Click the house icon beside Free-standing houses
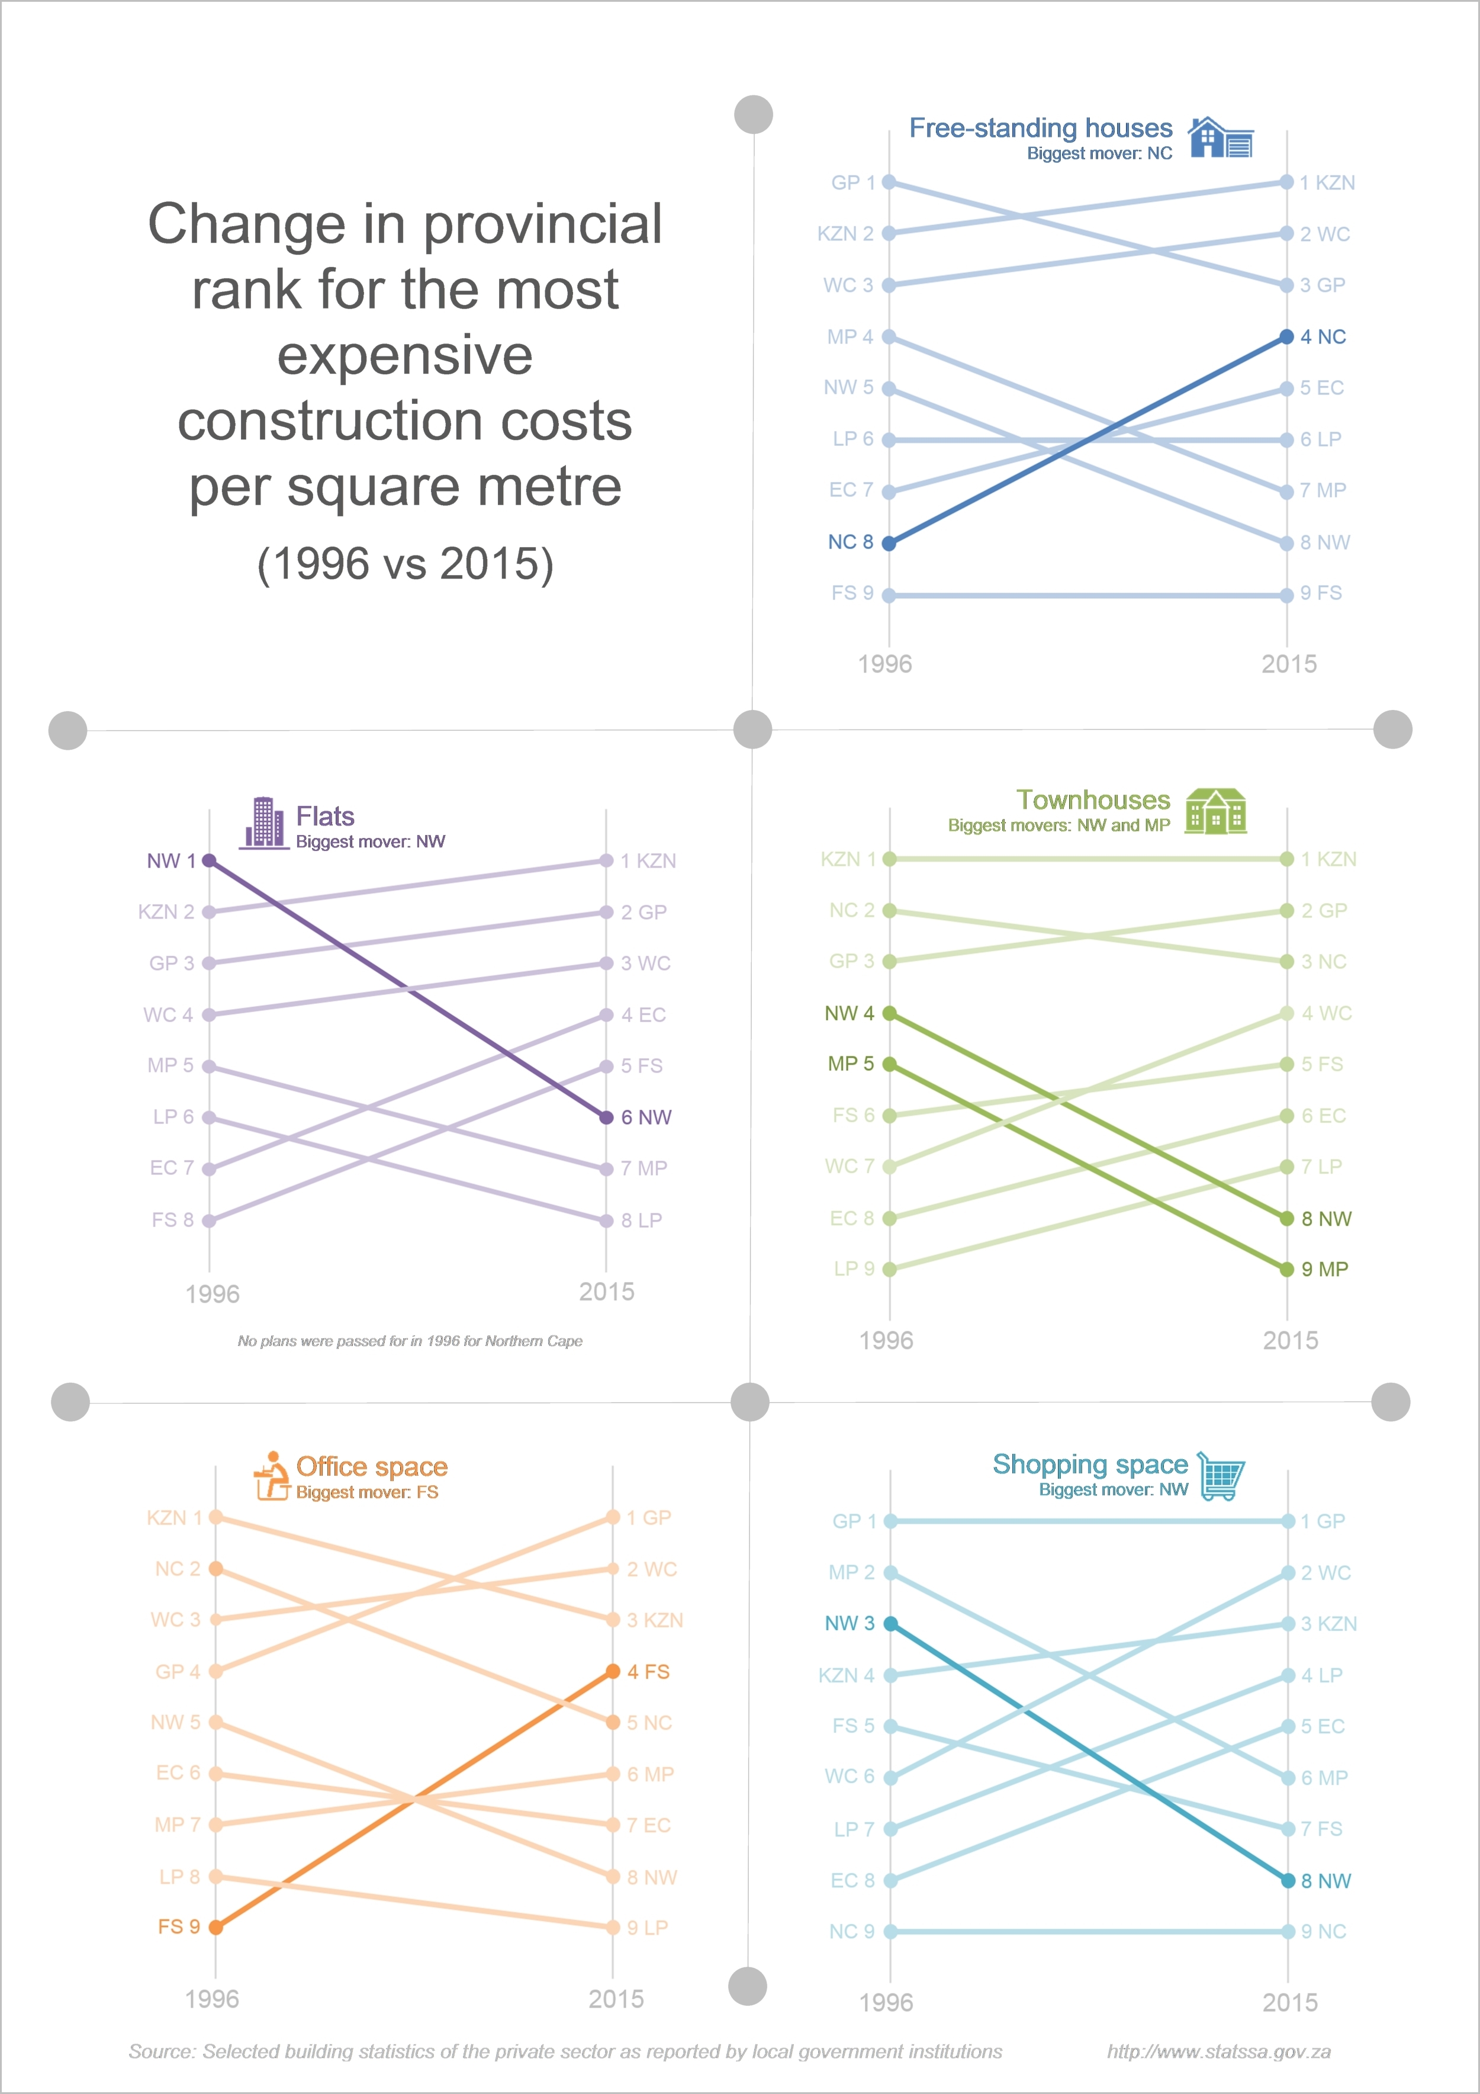coord(1220,138)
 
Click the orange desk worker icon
coord(271,1475)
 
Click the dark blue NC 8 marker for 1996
coord(889,544)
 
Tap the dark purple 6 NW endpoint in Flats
coord(606,1117)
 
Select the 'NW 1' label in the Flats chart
coord(170,861)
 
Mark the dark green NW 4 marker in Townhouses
coord(889,1013)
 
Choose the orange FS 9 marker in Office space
coord(216,1927)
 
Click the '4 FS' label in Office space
coord(648,1672)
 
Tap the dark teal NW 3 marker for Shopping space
coord(891,1623)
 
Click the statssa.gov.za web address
coord(1218,2051)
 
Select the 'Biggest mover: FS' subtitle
coord(366,1492)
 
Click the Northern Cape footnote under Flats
coord(410,1341)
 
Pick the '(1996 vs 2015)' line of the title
coord(405,564)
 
